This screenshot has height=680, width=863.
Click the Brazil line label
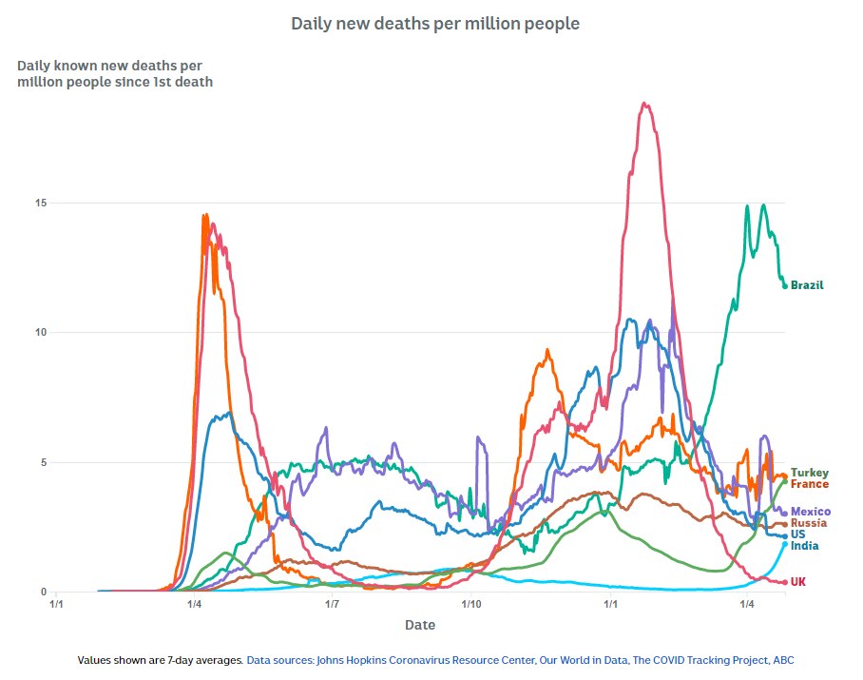point(807,285)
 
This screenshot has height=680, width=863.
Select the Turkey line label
point(809,473)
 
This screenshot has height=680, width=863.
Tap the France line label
point(809,484)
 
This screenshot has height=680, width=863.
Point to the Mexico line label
point(810,512)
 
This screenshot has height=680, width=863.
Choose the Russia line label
point(808,523)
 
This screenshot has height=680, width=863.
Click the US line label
point(798,534)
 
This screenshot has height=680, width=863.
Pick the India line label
point(804,546)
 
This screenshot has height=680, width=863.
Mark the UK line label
point(798,581)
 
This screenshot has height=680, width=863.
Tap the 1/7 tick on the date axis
point(333,604)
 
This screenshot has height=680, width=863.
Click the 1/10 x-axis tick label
point(470,604)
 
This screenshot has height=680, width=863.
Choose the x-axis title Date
point(420,625)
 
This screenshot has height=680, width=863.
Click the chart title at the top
point(434,24)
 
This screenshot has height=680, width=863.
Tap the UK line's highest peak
point(645,104)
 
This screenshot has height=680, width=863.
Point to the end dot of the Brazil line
point(785,285)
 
